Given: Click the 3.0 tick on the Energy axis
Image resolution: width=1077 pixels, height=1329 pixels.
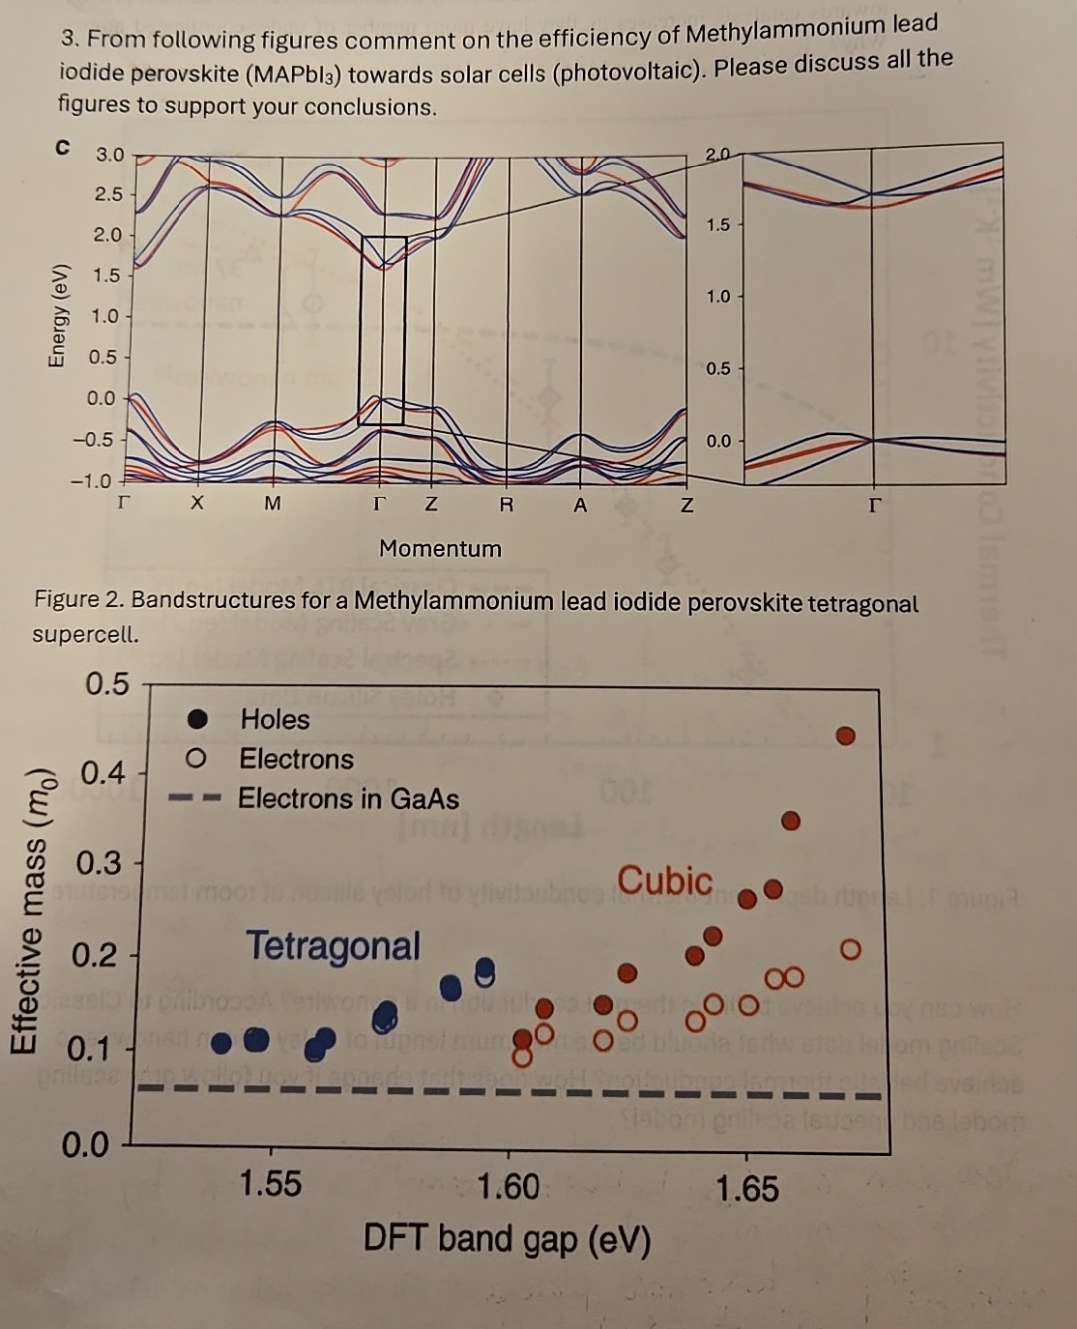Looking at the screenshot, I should click(109, 155).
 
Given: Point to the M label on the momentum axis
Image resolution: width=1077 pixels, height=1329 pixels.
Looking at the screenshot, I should click(272, 503).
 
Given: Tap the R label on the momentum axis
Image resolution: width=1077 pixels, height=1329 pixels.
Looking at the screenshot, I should click(506, 503).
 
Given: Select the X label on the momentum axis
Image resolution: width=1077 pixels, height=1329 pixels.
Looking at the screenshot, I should click(197, 503).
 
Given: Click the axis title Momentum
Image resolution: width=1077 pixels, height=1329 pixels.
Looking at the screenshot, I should click(440, 548).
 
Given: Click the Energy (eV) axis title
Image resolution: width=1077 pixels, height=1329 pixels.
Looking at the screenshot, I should click(59, 316).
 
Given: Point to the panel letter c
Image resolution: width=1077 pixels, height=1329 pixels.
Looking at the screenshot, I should click(63, 147).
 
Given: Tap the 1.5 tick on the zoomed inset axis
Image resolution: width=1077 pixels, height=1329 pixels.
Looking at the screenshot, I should click(718, 224).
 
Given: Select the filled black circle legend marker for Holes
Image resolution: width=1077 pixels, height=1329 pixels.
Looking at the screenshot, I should click(199, 718).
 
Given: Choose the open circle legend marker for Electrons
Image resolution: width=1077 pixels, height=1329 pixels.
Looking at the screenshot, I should click(198, 759).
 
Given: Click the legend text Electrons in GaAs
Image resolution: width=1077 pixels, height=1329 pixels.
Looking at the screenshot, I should click(348, 799).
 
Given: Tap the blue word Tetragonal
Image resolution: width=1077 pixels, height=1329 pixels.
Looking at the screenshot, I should click(333, 945).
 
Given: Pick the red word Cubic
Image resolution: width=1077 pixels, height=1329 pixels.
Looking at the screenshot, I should click(665, 880).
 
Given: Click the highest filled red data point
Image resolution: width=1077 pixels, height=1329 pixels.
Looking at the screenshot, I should click(845, 736).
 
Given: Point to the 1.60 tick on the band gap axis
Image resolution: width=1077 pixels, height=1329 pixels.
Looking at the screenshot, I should click(509, 1187).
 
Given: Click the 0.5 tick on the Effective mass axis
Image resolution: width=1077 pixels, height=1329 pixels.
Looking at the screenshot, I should click(107, 684).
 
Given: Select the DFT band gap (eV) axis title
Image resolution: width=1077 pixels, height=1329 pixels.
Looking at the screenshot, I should click(507, 1239).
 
